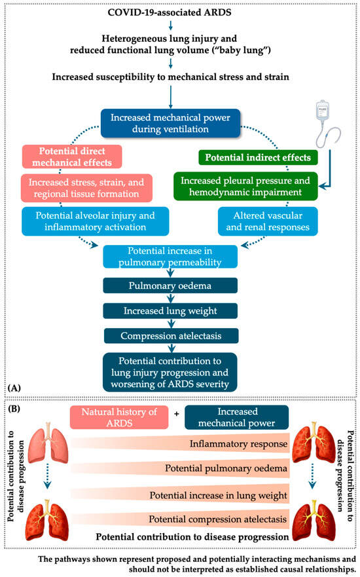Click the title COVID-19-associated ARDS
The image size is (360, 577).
coord(170,12)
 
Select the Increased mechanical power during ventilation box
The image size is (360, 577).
coord(170,123)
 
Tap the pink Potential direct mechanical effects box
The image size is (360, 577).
coord(72,157)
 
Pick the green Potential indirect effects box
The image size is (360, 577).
coord(258,157)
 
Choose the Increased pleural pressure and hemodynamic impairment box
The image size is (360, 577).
coord(245,187)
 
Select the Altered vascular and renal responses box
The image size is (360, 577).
coord(267,221)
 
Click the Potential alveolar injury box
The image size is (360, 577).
coord(96,221)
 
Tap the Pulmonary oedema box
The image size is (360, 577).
coord(170,286)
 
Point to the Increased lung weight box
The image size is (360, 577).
coord(170,311)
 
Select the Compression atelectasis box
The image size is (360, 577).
coord(171,336)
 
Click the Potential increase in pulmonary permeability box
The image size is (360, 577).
coord(170,257)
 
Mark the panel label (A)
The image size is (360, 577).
coord(14,388)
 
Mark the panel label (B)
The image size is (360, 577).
coord(14,409)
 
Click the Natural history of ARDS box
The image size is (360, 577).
coord(119,417)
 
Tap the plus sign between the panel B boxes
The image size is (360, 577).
coord(177,414)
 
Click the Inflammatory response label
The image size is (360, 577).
coord(238,444)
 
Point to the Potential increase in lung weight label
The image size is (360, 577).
coord(218,495)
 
